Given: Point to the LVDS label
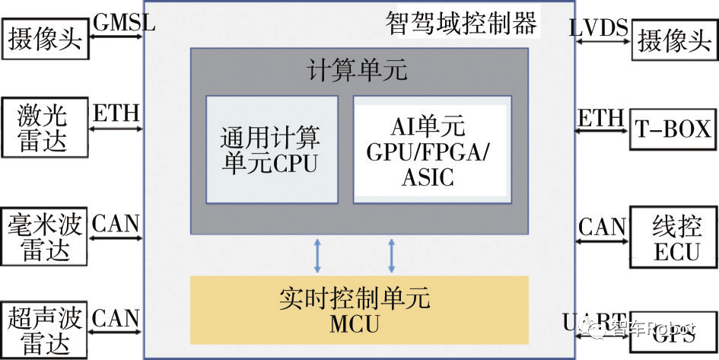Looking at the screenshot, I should [599, 29].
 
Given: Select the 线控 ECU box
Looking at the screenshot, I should [675, 237].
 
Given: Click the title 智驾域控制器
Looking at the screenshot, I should [461, 24].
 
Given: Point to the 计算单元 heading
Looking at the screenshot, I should [358, 71].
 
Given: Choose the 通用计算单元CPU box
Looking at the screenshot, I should [272, 149].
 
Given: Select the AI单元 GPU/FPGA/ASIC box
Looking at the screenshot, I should [431, 149].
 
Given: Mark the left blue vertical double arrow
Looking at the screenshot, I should [317, 256].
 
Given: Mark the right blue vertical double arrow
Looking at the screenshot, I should [392, 256].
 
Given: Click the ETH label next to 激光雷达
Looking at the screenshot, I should [116, 114].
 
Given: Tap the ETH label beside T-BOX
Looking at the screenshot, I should [600, 118].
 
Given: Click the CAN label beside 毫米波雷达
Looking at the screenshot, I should [116, 223].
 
